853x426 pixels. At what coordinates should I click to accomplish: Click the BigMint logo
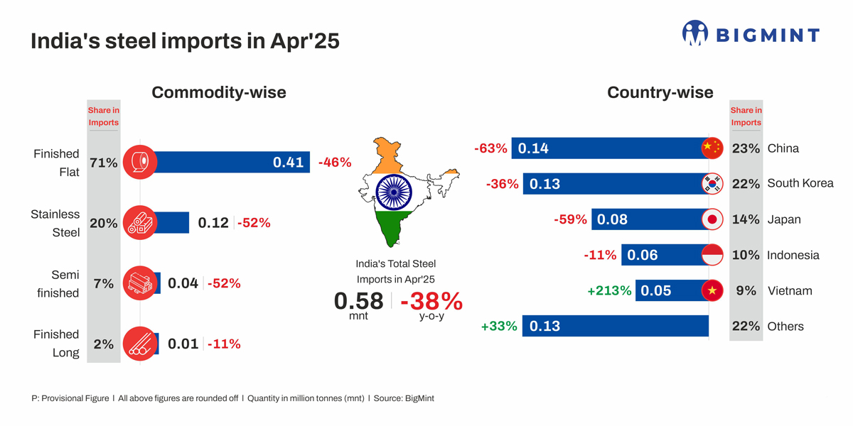(751, 34)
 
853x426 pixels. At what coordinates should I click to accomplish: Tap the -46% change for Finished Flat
(335, 163)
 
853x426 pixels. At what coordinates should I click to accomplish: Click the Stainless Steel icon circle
(140, 223)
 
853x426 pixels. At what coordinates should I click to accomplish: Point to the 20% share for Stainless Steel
(104, 223)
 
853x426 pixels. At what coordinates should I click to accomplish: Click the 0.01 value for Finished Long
(183, 344)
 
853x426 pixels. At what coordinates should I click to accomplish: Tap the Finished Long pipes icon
(140, 344)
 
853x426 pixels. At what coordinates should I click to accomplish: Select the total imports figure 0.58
(359, 301)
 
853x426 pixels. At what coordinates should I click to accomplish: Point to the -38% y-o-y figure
(431, 301)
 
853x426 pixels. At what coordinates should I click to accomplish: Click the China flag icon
(712, 148)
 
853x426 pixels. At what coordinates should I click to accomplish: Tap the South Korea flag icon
(712, 184)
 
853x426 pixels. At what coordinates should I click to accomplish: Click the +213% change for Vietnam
(609, 290)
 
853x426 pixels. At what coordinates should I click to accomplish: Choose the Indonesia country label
(793, 255)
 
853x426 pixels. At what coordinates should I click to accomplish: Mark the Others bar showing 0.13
(615, 326)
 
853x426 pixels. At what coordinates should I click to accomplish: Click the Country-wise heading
(660, 92)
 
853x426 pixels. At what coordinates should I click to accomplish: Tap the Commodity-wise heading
(219, 92)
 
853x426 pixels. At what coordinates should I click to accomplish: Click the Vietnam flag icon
(712, 290)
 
